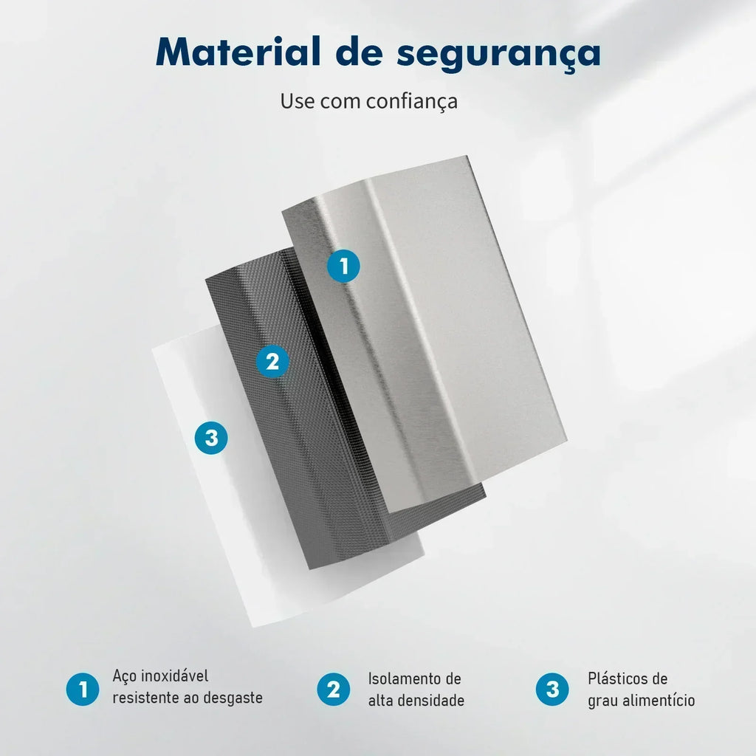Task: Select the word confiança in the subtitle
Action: coord(411,102)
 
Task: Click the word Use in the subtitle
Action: coord(297,101)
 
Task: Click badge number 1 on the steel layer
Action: coord(343,266)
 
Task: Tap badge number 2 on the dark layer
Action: coord(272,361)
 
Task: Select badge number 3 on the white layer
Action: coord(211,438)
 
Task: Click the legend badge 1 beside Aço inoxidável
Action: coord(83,689)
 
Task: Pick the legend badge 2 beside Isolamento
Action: coord(333,689)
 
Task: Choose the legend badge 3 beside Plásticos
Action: coord(552,689)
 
